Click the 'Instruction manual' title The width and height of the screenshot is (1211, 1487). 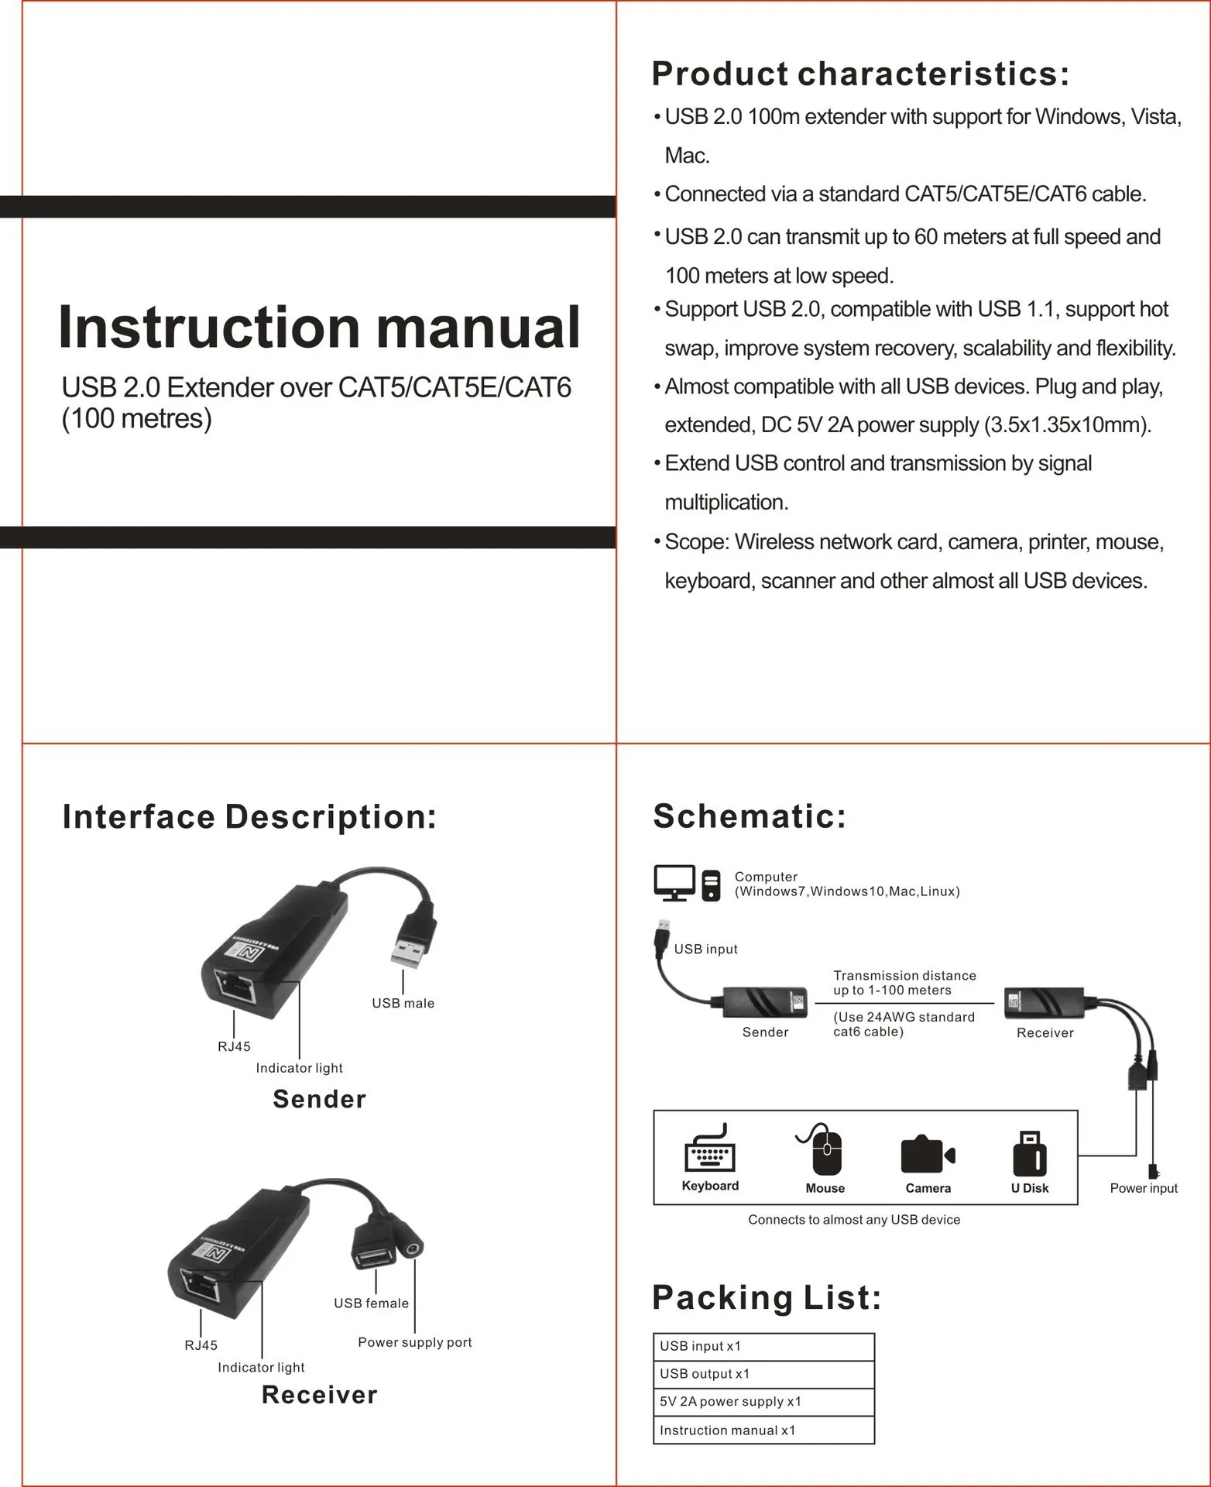tap(319, 328)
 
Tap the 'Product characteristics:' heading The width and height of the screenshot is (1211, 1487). tap(859, 74)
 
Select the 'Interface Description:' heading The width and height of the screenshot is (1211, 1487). tap(249, 817)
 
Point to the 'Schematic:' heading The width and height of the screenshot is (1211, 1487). tap(750, 816)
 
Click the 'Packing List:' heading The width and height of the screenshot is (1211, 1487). tap(767, 1298)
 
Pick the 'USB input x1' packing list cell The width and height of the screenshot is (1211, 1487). tap(763, 1347)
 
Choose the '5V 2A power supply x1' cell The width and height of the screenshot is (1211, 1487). tap(763, 1402)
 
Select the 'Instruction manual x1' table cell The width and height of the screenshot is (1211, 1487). tap(763, 1430)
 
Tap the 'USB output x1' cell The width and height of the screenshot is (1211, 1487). tap(763, 1374)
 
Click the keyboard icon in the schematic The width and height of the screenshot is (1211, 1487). tap(710, 1151)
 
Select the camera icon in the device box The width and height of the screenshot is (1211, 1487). tap(928, 1155)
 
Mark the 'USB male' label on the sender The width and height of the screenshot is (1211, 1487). tap(403, 1003)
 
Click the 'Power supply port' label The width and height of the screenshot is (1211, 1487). tap(414, 1342)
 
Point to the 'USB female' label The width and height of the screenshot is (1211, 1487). tap(371, 1303)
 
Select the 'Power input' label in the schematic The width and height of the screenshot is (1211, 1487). tap(1143, 1188)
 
